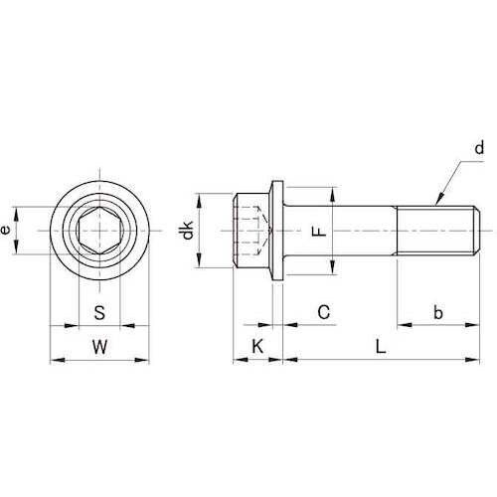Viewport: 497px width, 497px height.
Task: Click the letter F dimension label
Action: pos(317,231)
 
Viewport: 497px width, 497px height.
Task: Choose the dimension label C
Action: pos(323,312)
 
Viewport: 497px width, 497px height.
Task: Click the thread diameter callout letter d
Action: pos(478,149)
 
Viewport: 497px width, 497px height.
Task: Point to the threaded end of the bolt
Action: pos(437,231)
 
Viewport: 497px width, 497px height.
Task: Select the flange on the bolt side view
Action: pos(277,231)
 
